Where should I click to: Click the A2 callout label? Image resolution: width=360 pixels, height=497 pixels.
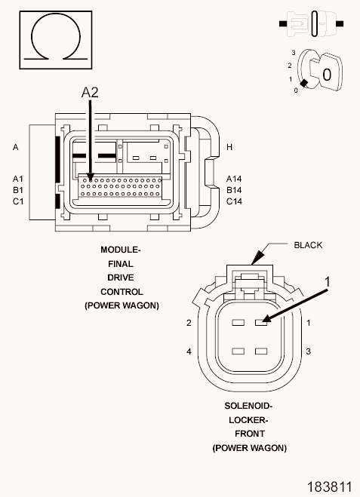(90, 92)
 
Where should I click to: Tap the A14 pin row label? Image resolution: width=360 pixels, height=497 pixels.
(234, 179)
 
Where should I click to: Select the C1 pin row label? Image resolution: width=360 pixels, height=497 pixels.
(18, 201)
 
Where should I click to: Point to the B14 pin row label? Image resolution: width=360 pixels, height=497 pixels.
(234, 190)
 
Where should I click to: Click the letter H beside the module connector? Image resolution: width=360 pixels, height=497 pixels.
(229, 147)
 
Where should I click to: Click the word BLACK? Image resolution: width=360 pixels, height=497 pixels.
(308, 245)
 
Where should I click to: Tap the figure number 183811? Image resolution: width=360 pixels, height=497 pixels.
(330, 486)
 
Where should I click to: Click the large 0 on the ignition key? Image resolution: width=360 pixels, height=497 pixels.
(327, 75)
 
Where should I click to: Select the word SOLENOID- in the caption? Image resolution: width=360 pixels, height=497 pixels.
(248, 406)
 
